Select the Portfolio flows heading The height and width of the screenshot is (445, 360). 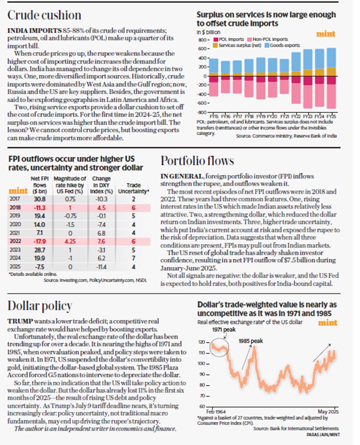(197, 161)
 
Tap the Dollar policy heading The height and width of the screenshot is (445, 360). (40, 305)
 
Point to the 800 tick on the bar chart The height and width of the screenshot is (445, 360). (202, 40)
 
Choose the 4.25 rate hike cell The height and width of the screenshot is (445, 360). (69, 241)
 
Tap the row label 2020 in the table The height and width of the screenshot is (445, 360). (15, 224)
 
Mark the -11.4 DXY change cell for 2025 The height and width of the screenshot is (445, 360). (102, 267)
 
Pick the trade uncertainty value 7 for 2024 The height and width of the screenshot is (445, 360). (134, 259)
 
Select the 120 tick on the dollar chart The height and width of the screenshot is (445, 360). (201, 342)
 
